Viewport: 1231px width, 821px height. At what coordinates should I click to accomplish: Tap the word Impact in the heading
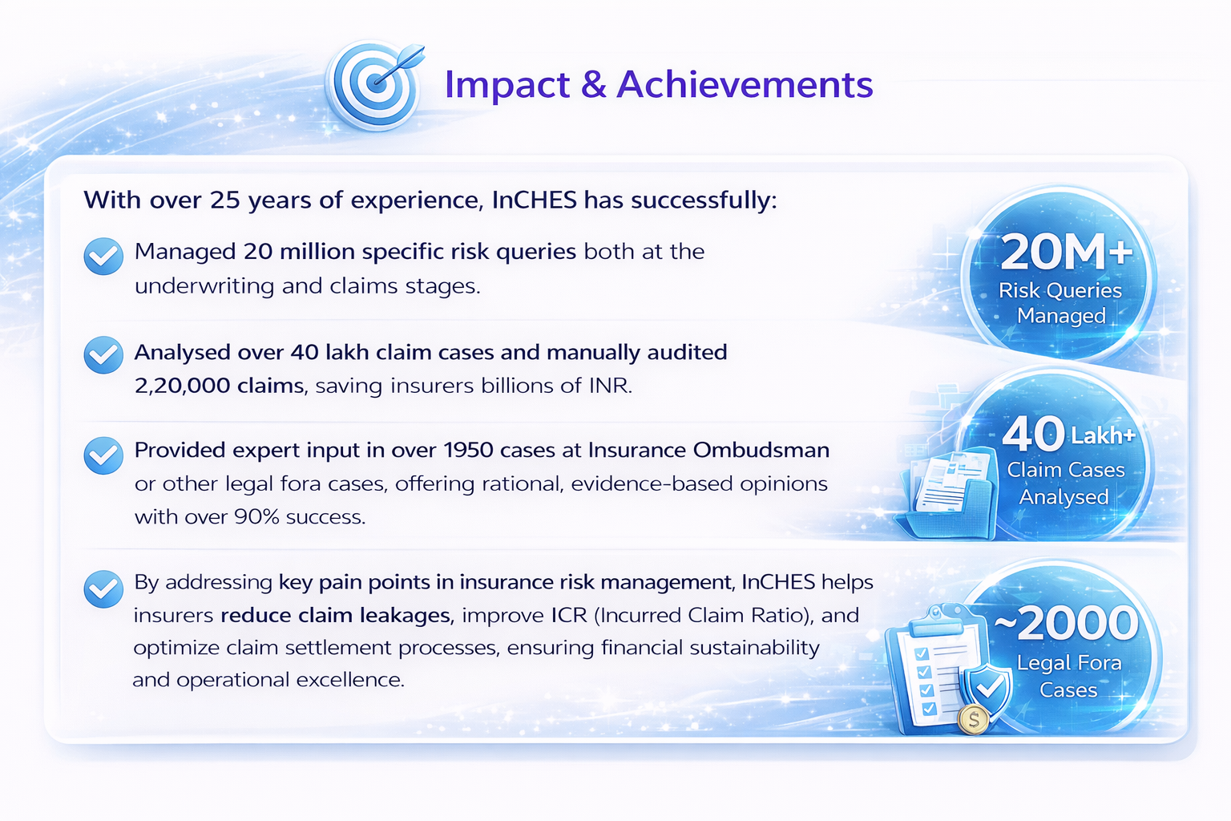click(x=507, y=86)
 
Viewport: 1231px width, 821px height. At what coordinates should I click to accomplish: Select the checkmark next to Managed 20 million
click(x=103, y=257)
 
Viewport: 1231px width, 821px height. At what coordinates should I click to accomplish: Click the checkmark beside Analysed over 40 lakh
click(x=103, y=354)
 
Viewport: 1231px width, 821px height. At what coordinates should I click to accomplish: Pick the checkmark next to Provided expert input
click(x=103, y=455)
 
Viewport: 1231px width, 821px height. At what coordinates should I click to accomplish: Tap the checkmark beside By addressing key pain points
click(x=103, y=589)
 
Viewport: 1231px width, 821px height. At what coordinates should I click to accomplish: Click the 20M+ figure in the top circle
click(x=1066, y=253)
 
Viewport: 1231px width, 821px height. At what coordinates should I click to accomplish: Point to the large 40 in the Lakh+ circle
click(x=1033, y=433)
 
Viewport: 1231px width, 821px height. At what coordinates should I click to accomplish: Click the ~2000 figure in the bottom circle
click(x=1066, y=623)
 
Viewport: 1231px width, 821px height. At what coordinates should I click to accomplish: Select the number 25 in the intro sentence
click(x=225, y=200)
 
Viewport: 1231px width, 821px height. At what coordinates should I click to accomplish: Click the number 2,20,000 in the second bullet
click(x=183, y=386)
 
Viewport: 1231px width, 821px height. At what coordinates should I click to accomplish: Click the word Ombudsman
click(x=761, y=451)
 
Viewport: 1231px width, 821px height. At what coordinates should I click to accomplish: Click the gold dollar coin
click(x=973, y=719)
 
